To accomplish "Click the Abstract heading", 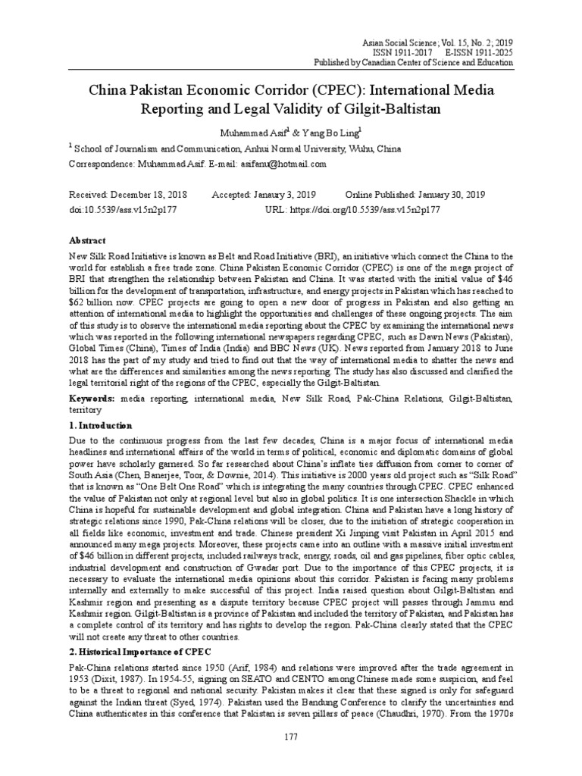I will coord(89,239).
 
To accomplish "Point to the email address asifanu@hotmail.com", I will coord(283,163).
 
